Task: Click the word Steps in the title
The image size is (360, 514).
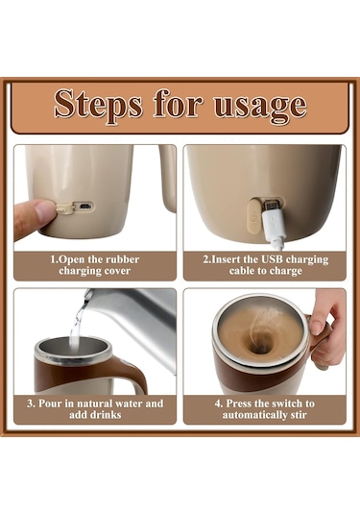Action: [98, 105]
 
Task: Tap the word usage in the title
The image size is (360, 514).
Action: [260, 106]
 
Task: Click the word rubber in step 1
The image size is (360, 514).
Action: [121, 259]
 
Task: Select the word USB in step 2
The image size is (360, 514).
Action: [272, 259]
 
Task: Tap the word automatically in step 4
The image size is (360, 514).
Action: [252, 415]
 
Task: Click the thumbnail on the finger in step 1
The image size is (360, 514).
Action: [45, 209]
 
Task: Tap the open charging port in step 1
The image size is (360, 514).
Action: [85, 207]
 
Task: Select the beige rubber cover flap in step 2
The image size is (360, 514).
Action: [253, 215]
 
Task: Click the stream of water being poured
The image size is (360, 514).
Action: [78, 325]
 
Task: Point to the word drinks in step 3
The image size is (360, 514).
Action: [104, 415]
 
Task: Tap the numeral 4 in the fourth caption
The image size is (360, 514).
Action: [218, 404]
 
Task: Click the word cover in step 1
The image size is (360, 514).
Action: [117, 271]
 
